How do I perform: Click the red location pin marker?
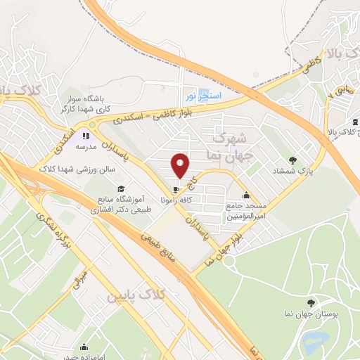(181, 165)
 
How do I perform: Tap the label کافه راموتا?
(176, 200)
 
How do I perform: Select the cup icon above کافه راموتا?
(176, 189)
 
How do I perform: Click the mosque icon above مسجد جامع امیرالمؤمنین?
(245, 195)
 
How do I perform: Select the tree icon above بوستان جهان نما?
(311, 303)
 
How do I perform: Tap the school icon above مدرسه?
(86, 135)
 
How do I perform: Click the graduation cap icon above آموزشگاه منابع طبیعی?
(121, 189)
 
